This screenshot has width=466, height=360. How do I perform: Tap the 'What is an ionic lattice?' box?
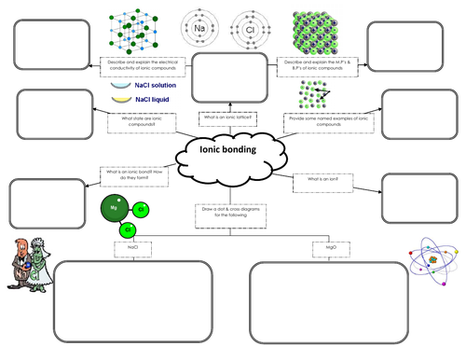click(226, 118)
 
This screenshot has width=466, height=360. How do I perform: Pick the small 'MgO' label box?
click(330, 249)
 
